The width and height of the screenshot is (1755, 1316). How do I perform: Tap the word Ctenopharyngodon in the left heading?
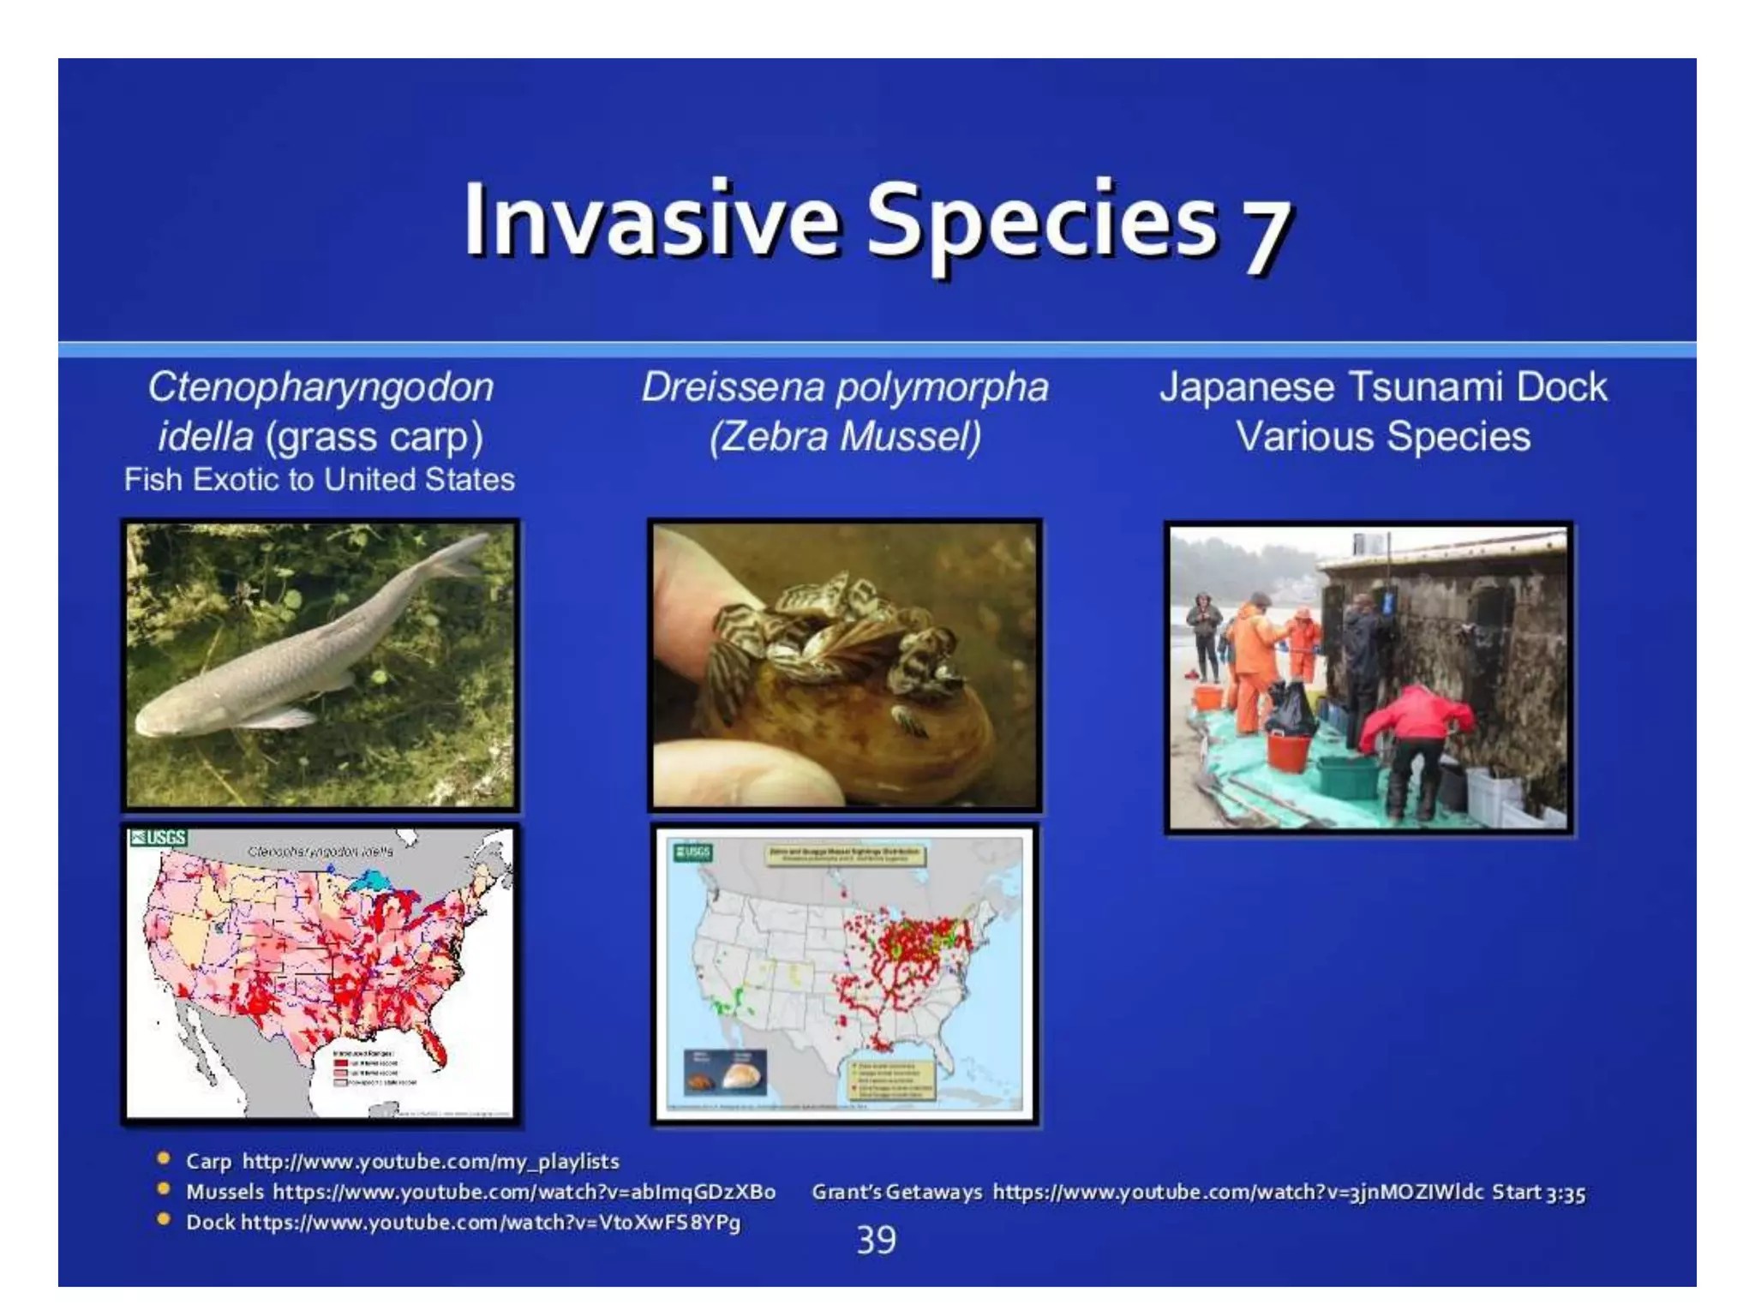click(x=321, y=387)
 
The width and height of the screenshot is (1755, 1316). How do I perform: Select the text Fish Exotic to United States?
click(x=320, y=480)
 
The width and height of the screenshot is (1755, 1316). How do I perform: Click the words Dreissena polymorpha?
click(x=845, y=387)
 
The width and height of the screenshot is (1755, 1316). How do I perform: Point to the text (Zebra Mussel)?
click(x=845, y=437)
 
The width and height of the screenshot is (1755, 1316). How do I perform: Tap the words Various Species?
click(x=1382, y=437)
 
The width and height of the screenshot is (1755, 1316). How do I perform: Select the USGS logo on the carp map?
click(x=158, y=838)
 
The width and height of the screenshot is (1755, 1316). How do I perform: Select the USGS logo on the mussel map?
click(x=692, y=852)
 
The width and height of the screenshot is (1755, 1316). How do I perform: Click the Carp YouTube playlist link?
click(x=430, y=1162)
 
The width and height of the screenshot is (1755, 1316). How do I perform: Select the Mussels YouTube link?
click(x=524, y=1192)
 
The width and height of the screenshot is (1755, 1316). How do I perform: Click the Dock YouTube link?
click(x=490, y=1223)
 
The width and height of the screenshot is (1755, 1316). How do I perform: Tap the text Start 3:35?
click(x=1538, y=1193)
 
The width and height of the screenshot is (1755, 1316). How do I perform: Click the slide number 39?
click(x=876, y=1240)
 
